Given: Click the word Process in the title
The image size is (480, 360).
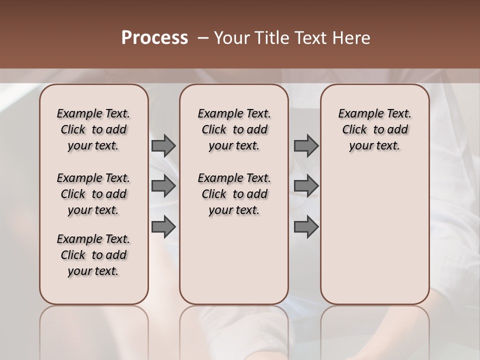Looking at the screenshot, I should tap(154, 38).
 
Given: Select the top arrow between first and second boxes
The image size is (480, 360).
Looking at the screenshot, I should tap(163, 145).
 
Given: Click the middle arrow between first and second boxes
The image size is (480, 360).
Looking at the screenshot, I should tap(163, 186).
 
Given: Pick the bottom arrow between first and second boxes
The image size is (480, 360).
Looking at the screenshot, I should tap(163, 226).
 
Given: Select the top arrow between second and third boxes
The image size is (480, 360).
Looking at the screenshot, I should tap(306, 145).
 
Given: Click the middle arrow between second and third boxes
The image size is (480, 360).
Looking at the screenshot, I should tap(306, 186).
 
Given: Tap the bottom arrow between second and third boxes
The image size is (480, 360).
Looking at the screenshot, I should tap(306, 226).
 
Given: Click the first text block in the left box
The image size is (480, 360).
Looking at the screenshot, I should tap(93, 129).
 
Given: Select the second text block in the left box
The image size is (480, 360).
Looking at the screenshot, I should tap(93, 194).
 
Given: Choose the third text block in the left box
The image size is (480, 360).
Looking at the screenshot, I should tap(93, 255).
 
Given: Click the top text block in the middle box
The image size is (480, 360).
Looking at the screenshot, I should tap(234, 129).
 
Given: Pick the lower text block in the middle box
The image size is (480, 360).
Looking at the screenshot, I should tap(234, 194).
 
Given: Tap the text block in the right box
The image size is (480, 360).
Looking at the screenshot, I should tap(374, 129).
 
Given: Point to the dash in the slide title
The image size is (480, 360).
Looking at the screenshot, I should tap(202, 38).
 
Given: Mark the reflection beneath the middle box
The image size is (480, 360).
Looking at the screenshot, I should tap(234, 330).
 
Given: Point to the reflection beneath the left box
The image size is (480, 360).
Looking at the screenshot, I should tap(94, 330).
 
